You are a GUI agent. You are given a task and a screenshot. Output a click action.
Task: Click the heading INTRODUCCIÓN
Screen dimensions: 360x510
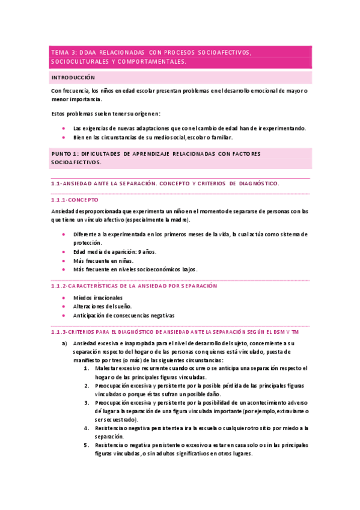(x=73, y=78)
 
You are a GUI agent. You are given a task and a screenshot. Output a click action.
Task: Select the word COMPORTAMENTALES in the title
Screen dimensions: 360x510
(x=151, y=62)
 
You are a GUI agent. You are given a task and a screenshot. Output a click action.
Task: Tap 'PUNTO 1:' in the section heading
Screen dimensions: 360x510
(x=67, y=154)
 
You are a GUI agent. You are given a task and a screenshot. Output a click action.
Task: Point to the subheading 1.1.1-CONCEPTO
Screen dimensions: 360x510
(x=75, y=199)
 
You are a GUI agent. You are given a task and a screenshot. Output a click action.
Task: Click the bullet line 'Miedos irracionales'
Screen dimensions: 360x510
(x=97, y=298)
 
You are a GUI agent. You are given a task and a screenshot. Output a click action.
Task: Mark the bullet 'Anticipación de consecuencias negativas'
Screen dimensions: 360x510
(x=123, y=315)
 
